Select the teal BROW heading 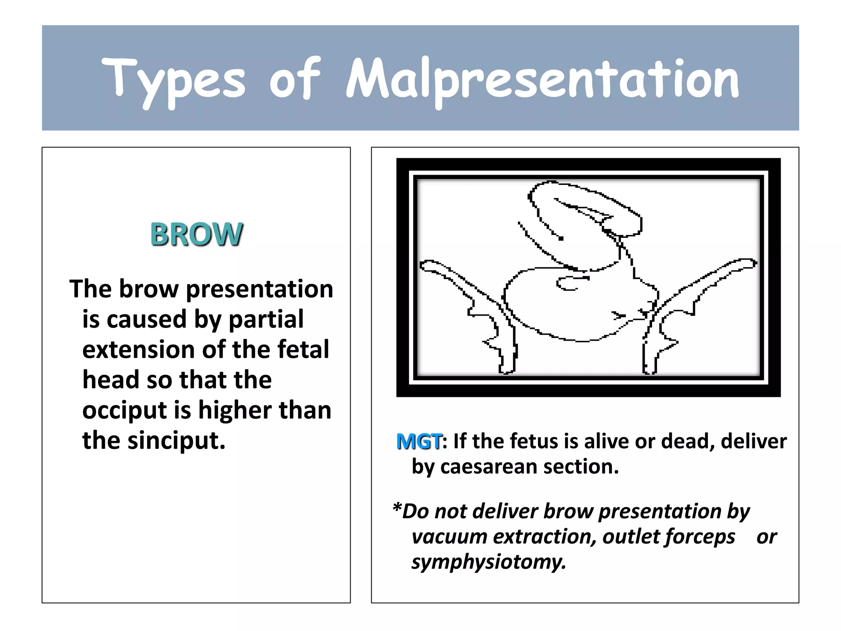pos(197,234)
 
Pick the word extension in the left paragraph pos(138,350)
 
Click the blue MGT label pos(419,442)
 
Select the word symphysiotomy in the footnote pos(489,562)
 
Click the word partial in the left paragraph pos(266,319)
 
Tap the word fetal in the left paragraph pos(303,350)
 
